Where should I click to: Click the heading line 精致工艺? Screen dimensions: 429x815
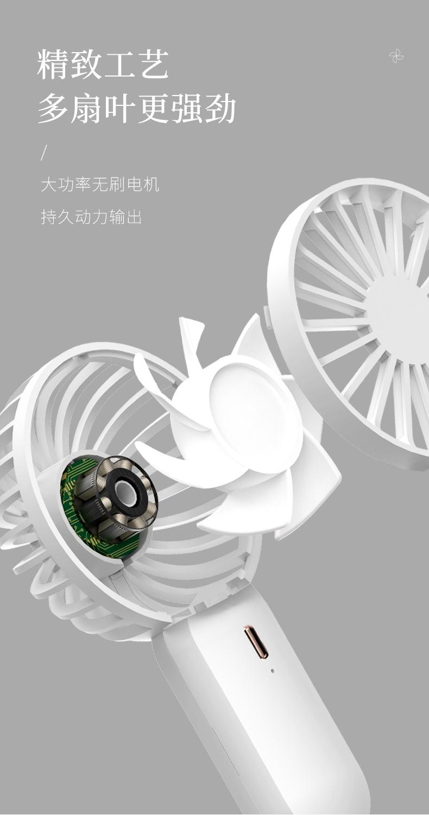[103, 65]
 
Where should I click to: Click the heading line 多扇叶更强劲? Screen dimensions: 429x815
[137, 108]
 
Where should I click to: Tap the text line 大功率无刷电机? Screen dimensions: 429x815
[100, 185]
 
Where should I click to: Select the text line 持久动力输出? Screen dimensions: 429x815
[91, 217]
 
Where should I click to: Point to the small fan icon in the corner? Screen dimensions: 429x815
[396, 56]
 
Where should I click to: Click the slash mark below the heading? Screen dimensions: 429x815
[44, 153]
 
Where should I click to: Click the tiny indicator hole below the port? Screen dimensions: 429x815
[273, 670]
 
